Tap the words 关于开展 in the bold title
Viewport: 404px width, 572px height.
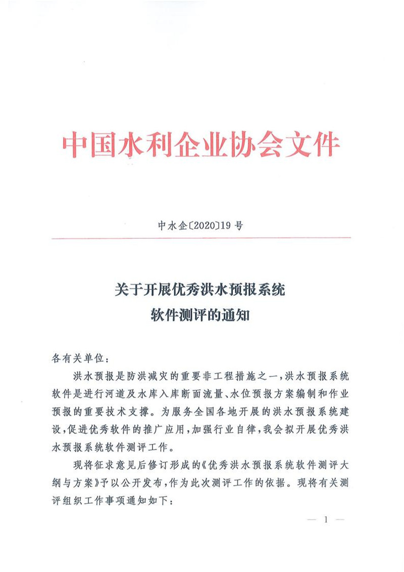pyautogui.click(x=139, y=291)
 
